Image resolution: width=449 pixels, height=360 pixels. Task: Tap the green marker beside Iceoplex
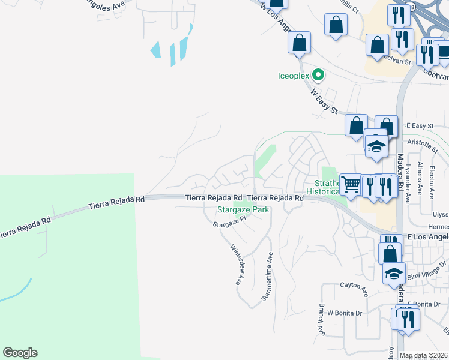[x=319, y=76]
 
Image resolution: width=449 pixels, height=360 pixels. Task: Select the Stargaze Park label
[x=242, y=210]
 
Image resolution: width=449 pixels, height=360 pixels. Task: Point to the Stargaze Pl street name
[x=230, y=222]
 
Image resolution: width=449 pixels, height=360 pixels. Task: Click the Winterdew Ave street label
[x=238, y=264]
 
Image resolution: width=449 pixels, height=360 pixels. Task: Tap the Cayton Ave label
[x=354, y=285]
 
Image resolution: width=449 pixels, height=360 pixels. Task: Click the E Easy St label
[x=420, y=125]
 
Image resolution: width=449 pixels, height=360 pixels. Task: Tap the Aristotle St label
[x=423, y=143]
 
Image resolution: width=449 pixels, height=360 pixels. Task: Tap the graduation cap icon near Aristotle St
[x=376, y=146]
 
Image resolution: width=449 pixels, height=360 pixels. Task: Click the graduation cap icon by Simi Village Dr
[x=394, y=273]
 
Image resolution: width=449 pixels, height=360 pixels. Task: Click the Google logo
[x=20, y=353]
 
